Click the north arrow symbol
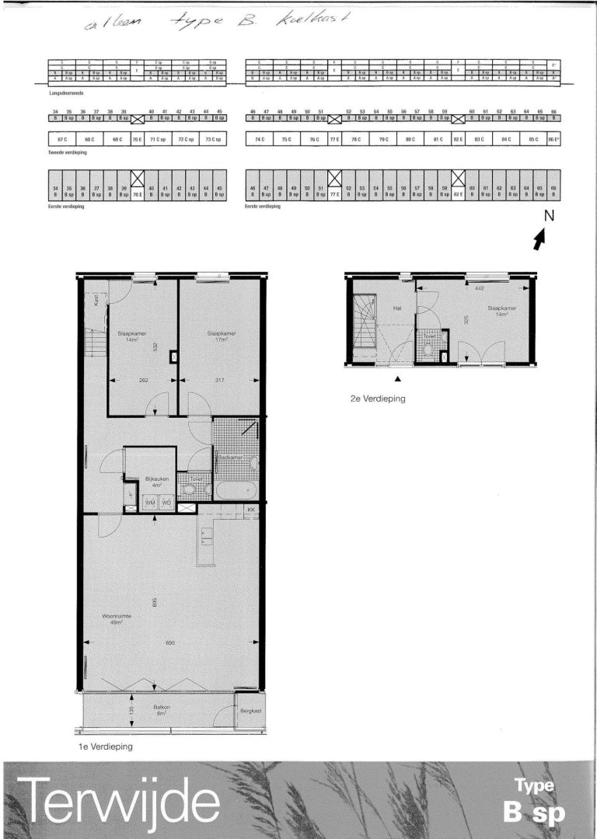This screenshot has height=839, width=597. coord(539,241)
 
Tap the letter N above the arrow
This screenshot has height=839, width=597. coord(548,217)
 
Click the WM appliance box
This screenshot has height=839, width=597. coord(151,503)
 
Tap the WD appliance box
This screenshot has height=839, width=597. coord(166,503)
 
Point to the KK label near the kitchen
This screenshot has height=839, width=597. coord(251,510)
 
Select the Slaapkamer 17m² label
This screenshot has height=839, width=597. coord(221,336)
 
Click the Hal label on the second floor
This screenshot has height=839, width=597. coord(396,308)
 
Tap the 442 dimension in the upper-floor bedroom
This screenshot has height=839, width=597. coord(480,288)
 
